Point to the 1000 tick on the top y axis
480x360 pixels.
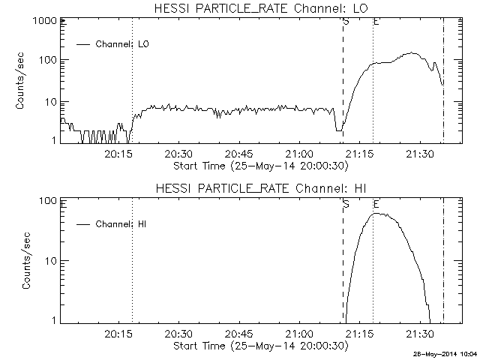[43, 21]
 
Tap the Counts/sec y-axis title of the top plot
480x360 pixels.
[22, 81]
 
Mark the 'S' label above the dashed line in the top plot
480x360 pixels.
[346, 21]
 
